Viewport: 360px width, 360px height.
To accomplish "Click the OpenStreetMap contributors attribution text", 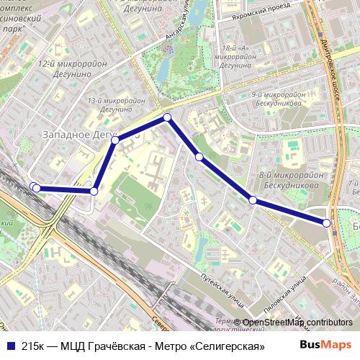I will [x=297, y=323].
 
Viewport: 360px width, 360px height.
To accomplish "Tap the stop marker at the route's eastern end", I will [x=327, y=223].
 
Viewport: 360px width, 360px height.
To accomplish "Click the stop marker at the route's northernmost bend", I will [x=167, y=117].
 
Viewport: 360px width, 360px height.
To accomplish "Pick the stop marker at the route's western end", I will [x=35, y=188].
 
